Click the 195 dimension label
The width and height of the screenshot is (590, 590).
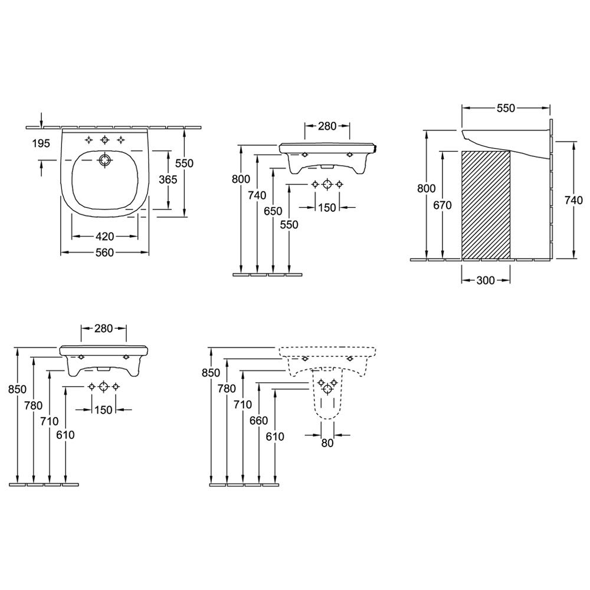click(41, 143)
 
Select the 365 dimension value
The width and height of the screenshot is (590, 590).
click(168, 179)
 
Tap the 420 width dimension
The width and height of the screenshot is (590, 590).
click(104, 237)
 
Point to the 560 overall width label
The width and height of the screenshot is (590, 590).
click(104, 253)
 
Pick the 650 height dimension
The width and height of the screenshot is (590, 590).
click(273, 211)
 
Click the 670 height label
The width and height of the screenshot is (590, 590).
click(442, 205)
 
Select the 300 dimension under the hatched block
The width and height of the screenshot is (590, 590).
click(486, 280)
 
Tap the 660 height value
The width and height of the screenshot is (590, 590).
click(258, 420)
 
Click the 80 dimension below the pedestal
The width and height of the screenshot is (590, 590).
click(327, 443)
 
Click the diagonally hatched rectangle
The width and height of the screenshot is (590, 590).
click(486, 205)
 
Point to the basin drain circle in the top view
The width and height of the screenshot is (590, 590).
click(104, 160)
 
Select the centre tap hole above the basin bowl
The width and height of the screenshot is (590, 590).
click(104, 140)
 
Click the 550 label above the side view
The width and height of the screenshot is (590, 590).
click(506, 108)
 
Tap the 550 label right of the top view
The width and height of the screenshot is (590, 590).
click(184, 163)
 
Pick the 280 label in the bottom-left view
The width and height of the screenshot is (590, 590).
click(103, 329)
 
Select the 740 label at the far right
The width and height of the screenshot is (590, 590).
click(573, 201)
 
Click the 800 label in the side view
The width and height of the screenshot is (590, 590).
click(427, 188)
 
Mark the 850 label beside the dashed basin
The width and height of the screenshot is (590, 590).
click(211, 372)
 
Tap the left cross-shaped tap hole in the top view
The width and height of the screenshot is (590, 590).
click(89, 140)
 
